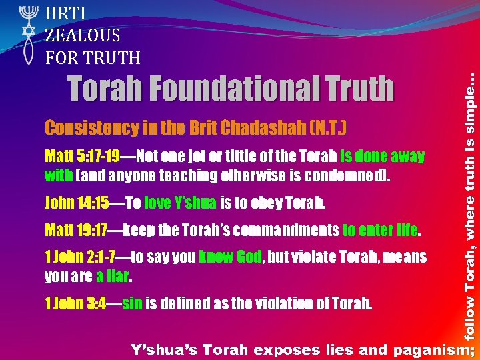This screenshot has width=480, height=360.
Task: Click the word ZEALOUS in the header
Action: click(x=83, y=35)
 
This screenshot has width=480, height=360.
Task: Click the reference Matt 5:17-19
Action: click(x=82, y=157)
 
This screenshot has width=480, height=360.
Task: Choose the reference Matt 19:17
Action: click(x=75, y=231)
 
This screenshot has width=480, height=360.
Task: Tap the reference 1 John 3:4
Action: click(x=73, y=304)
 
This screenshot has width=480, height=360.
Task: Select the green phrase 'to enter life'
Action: click(x=381, y=231)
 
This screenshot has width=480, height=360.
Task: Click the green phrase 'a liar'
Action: click(x=113, y=275)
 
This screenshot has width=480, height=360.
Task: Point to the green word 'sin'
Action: click(x=132, y=304)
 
